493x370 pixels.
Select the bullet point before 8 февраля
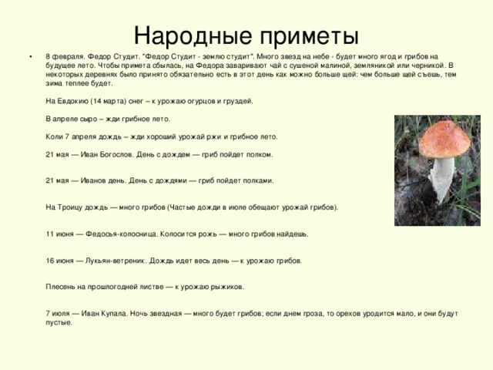click(30, 57)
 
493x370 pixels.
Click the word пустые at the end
click(60, 322)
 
